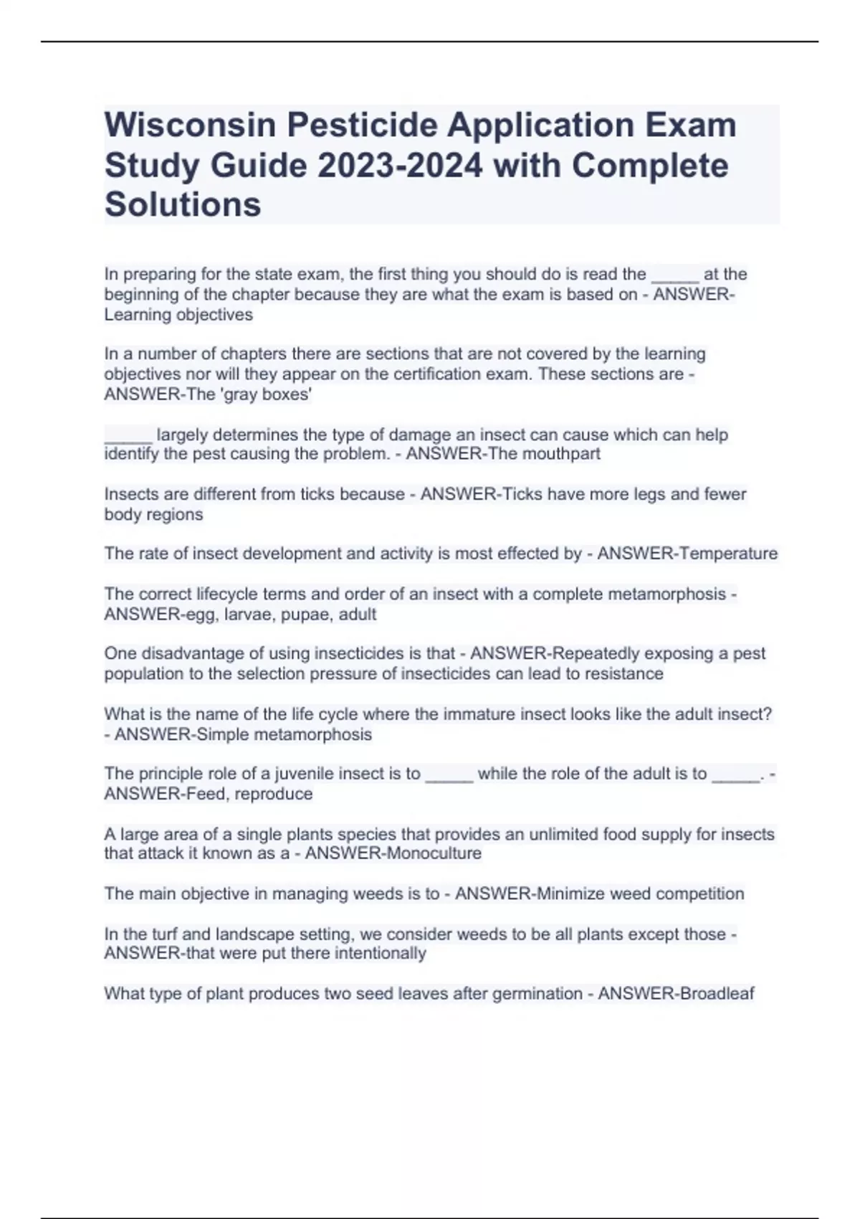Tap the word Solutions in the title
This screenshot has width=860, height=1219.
(183, 204)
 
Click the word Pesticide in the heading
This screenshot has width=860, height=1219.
(362, 125)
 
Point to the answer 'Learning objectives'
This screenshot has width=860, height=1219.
(178, 315)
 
